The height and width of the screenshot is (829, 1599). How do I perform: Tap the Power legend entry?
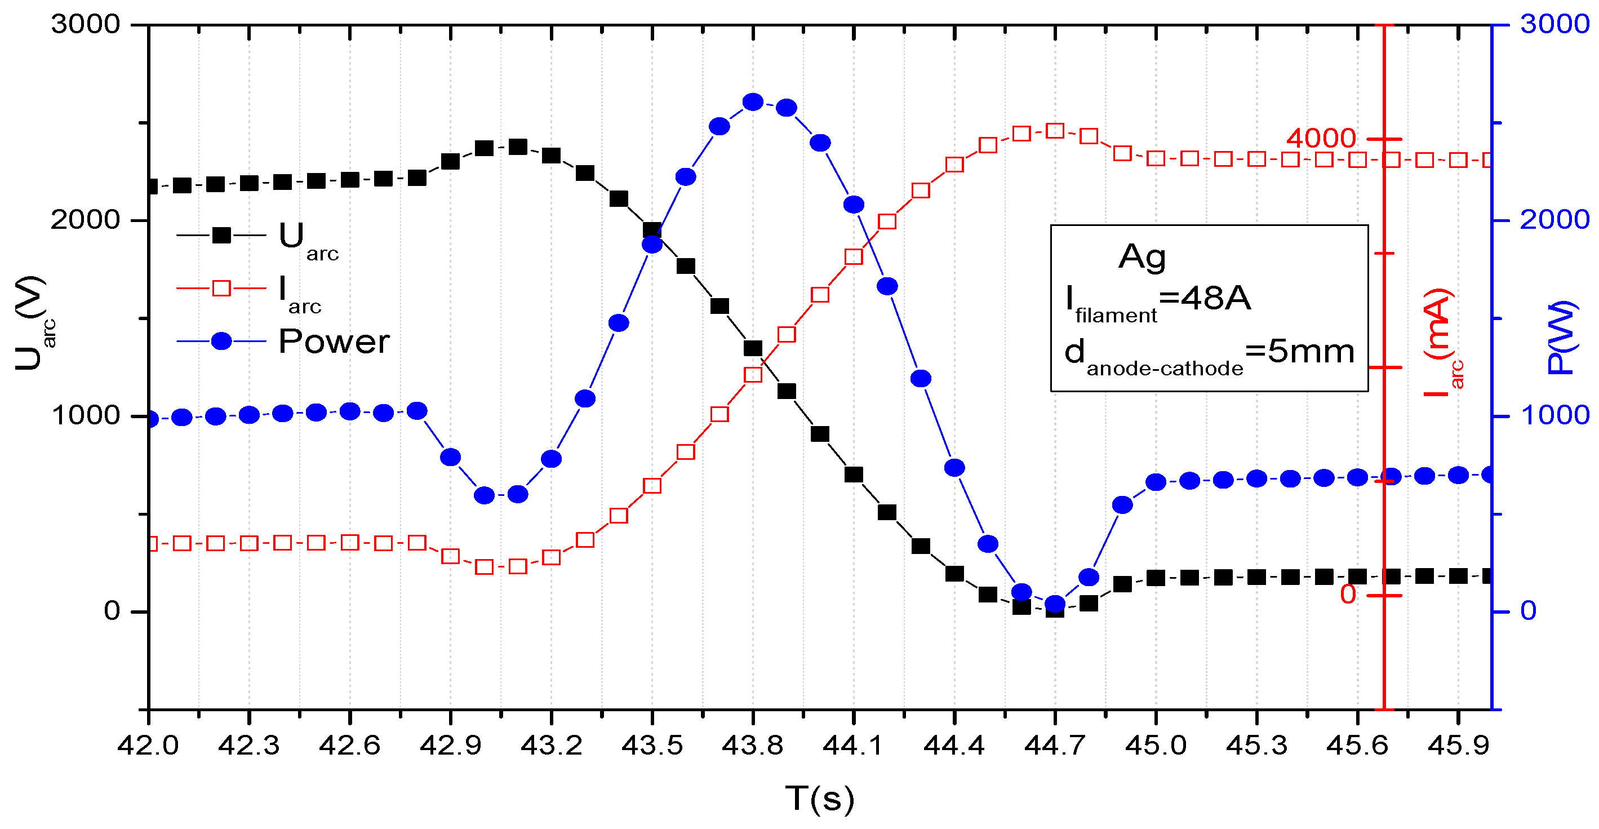coord(282,342)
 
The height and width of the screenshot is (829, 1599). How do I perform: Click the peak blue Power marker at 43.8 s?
coord(753,103)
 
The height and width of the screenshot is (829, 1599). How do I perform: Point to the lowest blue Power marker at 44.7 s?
coord(1055,604)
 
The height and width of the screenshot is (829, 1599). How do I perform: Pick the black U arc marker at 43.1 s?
coord(518,147)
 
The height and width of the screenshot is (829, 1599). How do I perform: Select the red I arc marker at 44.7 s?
coord(1055,130)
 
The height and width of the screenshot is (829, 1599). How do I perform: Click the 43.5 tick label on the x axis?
coord(652,745)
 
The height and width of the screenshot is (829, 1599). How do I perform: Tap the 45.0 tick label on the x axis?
coord(1156,745)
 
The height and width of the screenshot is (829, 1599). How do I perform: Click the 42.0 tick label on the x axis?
coord(148,745)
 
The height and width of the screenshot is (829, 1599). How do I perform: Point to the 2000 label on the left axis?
coord(85,220)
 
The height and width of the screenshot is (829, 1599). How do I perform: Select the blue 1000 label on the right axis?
coord(1554,415)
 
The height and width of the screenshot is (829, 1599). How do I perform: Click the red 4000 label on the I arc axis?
coord(1321,139)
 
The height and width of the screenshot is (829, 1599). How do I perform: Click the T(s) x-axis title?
coord(819,799)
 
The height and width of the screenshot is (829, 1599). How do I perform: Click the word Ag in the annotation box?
coord(1142,256)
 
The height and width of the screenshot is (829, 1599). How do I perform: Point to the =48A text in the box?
coord(1205,299)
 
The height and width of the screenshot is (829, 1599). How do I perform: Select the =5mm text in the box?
coord(1299,352)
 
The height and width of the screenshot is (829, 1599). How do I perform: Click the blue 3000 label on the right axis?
coord(1554,24)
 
